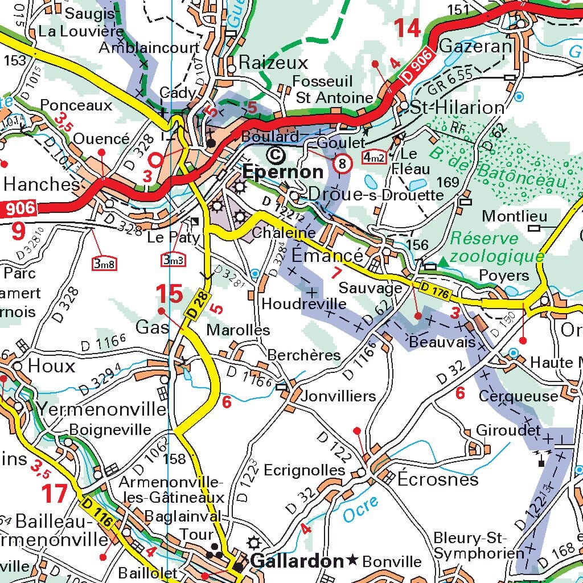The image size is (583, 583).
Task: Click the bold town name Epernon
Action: point(283,172)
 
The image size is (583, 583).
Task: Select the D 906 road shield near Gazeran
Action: point(421,68)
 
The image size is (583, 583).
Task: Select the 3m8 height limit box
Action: point(104,263)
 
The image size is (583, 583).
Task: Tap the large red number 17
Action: point(55,494)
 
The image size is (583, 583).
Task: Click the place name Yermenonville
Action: point(102,409)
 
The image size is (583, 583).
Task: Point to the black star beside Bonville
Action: point(353,561)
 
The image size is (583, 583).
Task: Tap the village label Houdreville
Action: point(303,303)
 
